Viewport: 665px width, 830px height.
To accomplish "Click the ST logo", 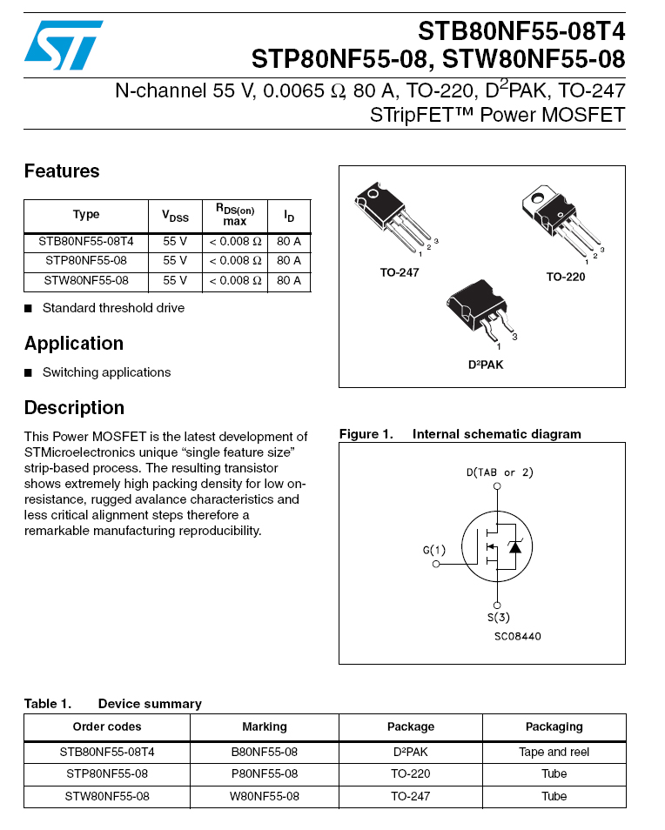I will [x=63, y=44].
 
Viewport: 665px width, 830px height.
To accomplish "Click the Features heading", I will [x=62, y=171].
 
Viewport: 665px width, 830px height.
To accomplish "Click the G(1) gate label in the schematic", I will [x=434, y=550].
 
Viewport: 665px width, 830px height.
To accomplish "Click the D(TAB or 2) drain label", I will [x=499, y=472].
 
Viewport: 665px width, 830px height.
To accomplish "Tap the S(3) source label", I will [x=497, y=618].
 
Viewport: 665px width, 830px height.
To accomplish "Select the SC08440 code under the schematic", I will [x=517, y=636].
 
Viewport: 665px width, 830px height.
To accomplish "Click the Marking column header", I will [x=264, y=726].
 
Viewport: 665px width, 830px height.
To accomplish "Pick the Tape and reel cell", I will [x=554, y=752].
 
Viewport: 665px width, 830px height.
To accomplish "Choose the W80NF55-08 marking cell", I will [x=264, y=796].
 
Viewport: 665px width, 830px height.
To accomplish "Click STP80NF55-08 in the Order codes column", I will [x=107, y=773].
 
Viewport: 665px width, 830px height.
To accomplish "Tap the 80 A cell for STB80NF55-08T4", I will [x=289, y=241].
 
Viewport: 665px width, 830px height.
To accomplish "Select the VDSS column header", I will [x=175, y=216].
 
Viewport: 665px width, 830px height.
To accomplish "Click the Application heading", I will [x=74, y=344].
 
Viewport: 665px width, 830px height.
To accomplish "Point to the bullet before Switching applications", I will [x=29, y=372].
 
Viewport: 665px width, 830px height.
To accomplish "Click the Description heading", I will [x=74, y=408].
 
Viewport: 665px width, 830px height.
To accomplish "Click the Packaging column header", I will [x=554, y=726].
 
